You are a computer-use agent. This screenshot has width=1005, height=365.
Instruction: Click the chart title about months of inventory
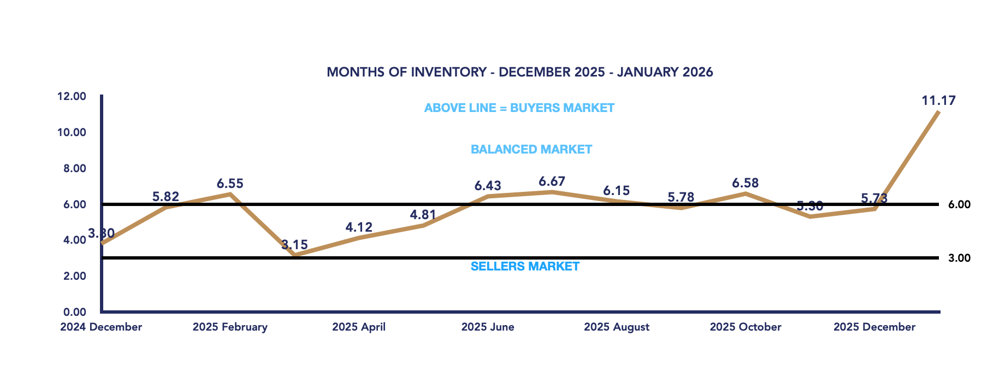519,72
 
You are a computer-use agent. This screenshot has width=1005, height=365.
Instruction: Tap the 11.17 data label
938,101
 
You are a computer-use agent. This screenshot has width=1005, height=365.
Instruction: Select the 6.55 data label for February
230,184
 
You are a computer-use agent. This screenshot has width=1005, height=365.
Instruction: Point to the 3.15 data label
295,245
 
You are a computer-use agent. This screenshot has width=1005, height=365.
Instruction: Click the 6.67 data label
552,181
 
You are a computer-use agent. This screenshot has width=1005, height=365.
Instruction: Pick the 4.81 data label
423,215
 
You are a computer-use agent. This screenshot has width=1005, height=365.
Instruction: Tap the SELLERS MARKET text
525,267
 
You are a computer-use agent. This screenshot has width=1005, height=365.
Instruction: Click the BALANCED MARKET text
531,150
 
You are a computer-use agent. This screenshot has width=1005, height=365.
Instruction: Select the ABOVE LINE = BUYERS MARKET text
519,108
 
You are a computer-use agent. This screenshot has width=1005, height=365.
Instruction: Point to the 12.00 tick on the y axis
72,97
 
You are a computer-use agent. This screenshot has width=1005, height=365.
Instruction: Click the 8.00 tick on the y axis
75,168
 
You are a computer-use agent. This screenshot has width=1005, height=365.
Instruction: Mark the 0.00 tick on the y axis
75,312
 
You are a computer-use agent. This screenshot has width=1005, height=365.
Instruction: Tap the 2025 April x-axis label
359,327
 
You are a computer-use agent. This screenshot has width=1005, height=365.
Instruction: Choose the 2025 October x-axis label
745,327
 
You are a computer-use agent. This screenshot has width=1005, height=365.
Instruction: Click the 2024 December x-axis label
101,327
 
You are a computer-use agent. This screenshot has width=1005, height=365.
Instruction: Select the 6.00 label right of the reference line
959,205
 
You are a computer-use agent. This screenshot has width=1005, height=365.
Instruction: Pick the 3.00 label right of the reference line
959,258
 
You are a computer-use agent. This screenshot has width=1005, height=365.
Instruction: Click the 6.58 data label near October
746,183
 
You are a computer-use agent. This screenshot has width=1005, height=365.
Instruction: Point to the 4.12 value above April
359,227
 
